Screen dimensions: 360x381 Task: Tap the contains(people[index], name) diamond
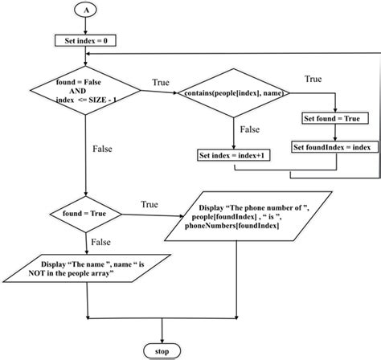(x=233, y=94)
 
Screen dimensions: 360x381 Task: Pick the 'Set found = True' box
(x=334, y=118)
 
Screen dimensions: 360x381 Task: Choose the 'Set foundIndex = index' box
(x=331, y=147)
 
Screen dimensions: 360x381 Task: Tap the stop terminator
(x=163, y=350)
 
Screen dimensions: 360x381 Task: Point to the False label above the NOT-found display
(x=100, y=240)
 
